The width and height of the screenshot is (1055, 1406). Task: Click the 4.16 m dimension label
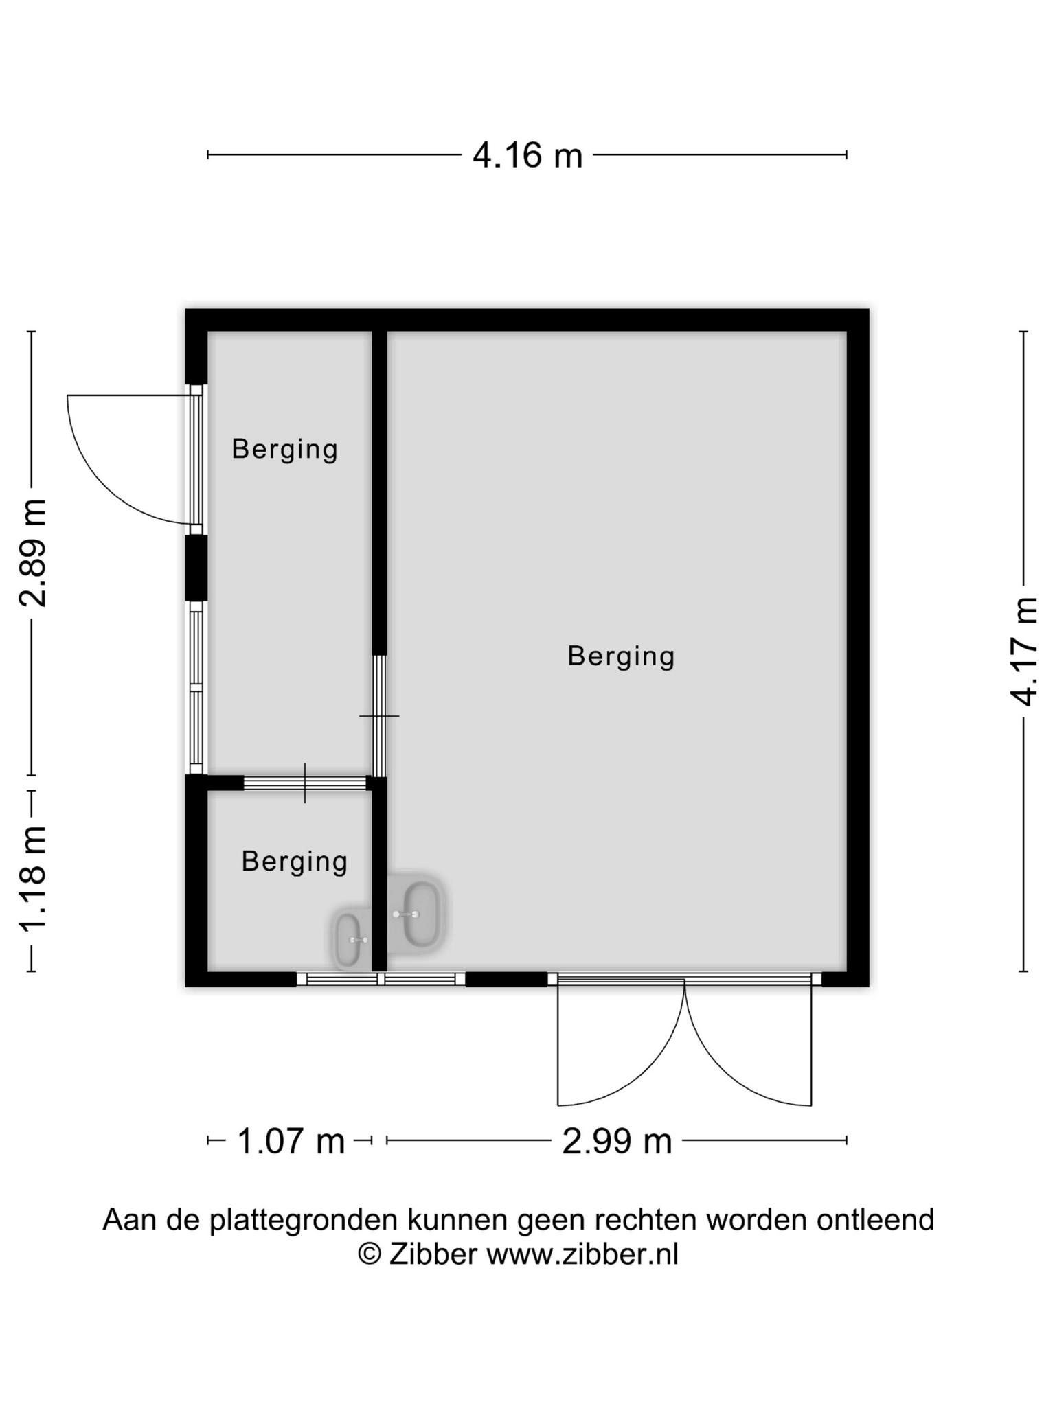click(x=527, y=155)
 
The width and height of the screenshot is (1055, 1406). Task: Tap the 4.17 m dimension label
click(x=1023, y=651)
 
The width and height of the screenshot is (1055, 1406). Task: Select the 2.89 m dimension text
click(x=32, y=553)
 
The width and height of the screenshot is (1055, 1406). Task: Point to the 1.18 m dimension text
click(x=32, y=879)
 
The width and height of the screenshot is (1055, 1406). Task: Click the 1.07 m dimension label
click(x=291, y=1141)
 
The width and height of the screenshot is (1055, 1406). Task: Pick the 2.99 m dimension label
click(x=617, y=1141)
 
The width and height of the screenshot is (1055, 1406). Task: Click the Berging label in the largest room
click(x=621, y=656)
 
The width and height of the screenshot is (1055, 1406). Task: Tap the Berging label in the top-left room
click(x=284, y=450)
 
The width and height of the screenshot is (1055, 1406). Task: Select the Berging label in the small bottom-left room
click(x=295, y=862)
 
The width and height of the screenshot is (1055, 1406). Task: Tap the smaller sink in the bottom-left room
click(x=351, y=939)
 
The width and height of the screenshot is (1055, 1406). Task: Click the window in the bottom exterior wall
click(x=381, y=979)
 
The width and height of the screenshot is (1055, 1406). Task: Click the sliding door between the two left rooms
click(x=305, y=783)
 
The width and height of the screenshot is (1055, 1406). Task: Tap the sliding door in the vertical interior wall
click(x=379, y=715)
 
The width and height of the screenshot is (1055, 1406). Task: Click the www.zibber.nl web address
click(x=582, y=1254)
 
